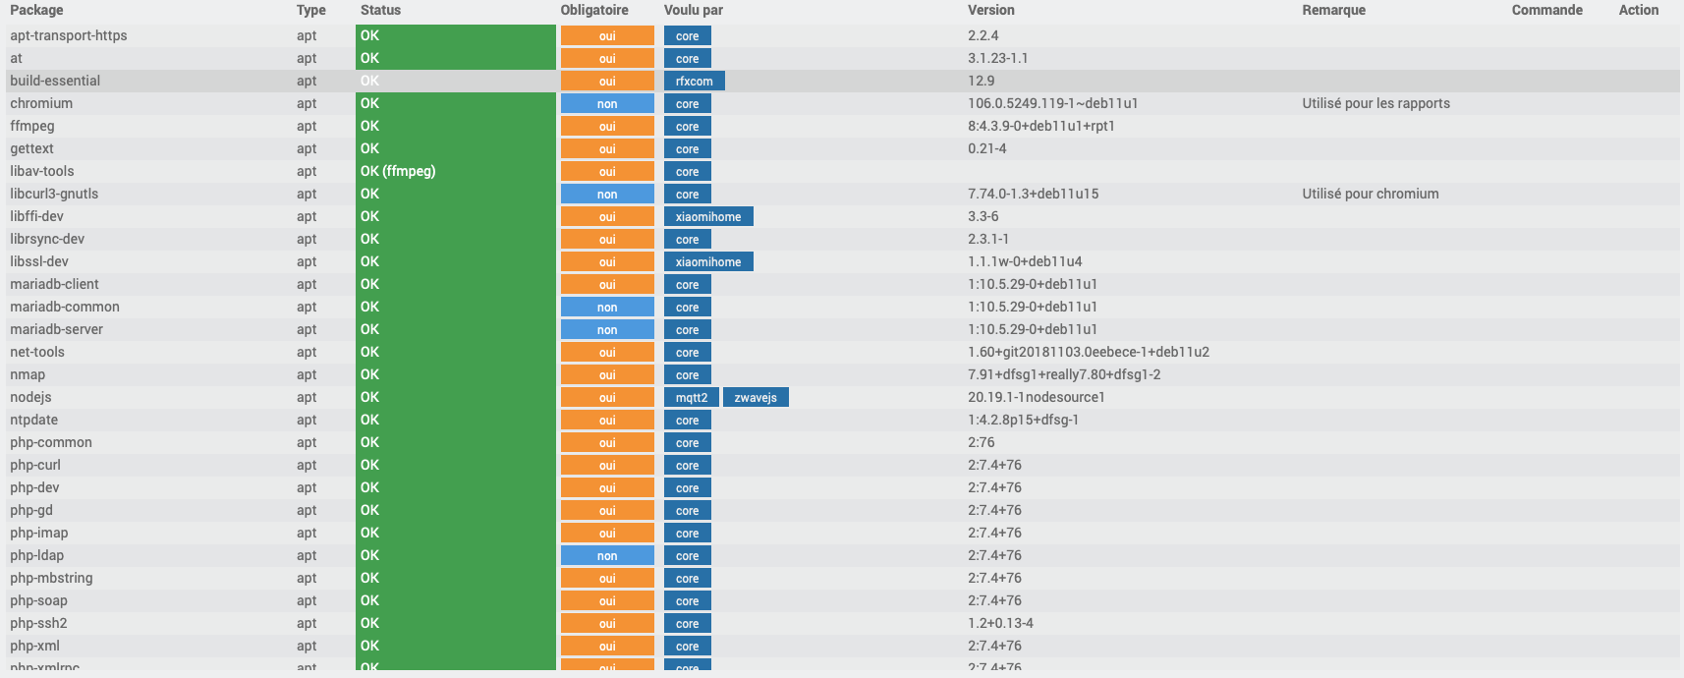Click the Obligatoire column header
[594, 10]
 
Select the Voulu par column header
[694, 10]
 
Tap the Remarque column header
[1333, 10]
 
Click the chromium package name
[41, 103]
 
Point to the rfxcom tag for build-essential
[694, 82]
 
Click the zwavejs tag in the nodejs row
[756, 398]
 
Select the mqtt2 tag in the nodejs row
[692, 398]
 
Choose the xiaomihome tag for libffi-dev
[708, 217]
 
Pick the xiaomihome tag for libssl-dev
[708, 262]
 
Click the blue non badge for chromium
[607, 104]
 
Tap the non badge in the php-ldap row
[607, 556]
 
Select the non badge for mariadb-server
[607, 330]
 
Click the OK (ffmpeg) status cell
[398, 171]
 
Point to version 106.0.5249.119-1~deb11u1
[1052, 103]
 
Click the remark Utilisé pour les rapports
[1375, 103]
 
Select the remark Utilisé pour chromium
[1370, 194]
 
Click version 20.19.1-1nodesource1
[1036, 397]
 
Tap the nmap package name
[28, 374]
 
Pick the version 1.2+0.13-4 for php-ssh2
[1000, 623]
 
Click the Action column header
[1638, 10]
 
